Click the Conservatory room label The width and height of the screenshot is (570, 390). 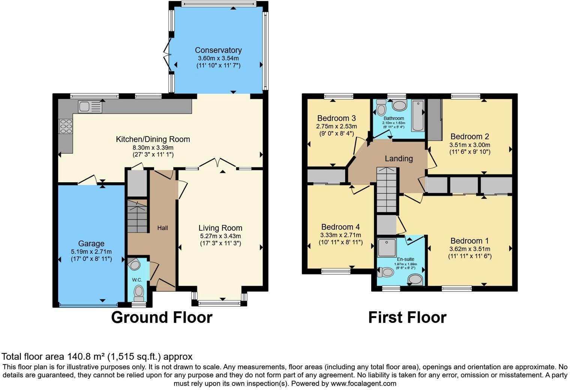218,50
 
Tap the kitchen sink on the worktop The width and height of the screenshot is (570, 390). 90,107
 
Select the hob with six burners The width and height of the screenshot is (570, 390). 66,126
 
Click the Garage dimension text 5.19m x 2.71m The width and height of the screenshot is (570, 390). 91,252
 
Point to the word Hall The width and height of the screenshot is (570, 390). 162,228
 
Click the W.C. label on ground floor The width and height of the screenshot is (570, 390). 136,280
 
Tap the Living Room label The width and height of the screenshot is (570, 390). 220,228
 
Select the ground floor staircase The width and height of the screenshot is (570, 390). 137,216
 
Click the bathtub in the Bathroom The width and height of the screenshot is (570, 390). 417,115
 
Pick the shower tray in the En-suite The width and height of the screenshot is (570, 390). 387,247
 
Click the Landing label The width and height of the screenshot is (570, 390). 399,159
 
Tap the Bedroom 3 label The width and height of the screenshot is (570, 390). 336,118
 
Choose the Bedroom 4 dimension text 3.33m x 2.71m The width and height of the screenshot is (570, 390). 340,235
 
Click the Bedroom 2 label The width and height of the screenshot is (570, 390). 469,136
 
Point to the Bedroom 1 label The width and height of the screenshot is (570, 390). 469,241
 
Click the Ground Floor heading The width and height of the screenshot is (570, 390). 162,317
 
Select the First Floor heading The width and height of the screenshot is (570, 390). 407,317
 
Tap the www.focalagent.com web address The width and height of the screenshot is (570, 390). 363,384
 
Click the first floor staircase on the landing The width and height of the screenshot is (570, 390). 386,190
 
